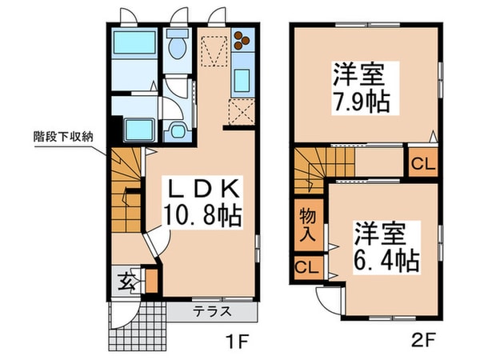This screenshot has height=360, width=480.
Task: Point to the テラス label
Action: pos(211,312)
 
